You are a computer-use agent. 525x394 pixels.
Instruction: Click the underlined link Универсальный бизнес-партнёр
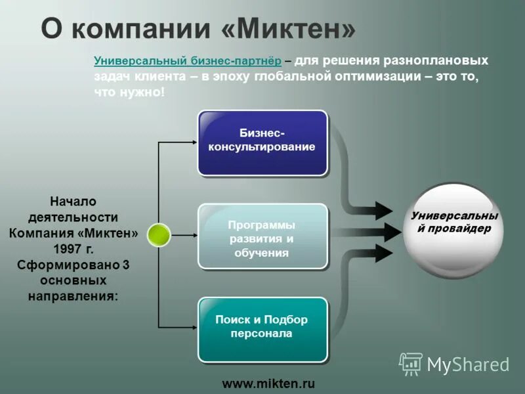click(188, 60)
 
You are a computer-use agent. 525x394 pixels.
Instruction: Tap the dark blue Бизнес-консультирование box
click(262, 142)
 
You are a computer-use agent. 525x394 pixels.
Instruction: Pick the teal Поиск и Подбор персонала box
click(262, 328)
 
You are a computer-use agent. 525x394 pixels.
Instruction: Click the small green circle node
click(158, 234)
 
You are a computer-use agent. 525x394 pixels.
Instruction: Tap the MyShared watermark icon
click(411, 364)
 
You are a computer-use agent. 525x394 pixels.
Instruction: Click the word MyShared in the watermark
click(468, 364)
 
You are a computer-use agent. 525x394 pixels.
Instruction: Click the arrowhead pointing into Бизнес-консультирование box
click(193, 142)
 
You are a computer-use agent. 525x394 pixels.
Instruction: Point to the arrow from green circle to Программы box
click(184, 234)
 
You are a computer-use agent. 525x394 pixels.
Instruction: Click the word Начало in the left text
click(73, 201)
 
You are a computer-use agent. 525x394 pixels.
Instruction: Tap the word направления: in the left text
click(73, 296)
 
